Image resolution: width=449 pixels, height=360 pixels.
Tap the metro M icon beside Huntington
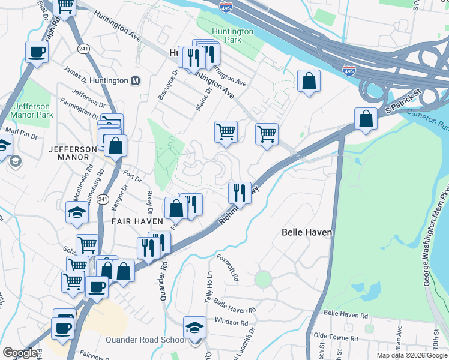136,80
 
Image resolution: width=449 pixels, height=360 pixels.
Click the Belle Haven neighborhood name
307,232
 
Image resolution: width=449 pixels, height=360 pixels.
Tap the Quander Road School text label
146,340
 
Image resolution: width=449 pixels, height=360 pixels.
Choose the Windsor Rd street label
231,322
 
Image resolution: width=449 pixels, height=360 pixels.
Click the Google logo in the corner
20,353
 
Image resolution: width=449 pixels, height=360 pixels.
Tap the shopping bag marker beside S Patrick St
366,119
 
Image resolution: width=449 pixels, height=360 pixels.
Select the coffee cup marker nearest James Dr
37,52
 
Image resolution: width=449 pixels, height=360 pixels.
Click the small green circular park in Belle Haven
262,279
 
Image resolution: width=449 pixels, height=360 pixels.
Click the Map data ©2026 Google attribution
412,355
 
